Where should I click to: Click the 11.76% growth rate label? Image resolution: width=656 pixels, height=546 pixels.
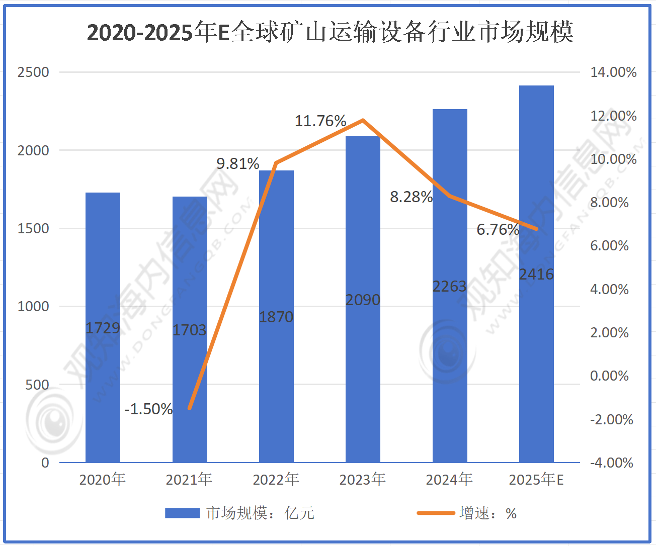tap(320, 121)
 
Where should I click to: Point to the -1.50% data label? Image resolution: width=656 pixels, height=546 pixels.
tap(148, 409)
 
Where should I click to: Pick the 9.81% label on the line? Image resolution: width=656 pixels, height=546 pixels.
tap(238, 164)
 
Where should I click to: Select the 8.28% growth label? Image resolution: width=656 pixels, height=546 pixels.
tap(411, 197)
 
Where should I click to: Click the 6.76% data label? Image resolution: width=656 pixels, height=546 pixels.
tap(498, 230)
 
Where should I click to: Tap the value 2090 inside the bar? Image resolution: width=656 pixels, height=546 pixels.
tap(363, 300)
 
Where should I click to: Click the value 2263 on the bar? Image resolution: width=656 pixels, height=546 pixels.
tap(450, 287)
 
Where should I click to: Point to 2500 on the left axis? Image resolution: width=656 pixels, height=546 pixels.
tap(33, 72)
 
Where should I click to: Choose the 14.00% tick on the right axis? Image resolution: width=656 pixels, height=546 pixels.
tap(613, 72)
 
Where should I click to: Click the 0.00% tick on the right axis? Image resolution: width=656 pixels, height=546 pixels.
tap(609, 376)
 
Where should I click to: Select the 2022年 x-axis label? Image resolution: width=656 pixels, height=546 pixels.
tap(276, 480)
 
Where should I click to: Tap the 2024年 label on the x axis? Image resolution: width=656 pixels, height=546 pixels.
tap(449, 480)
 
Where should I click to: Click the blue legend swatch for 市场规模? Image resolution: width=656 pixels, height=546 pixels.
tap(182, 513)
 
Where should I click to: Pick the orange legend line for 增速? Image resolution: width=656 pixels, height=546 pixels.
tap(436, 513)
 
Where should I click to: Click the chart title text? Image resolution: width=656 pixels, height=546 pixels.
tap(330, 33)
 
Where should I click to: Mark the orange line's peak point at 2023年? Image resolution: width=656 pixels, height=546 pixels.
tap(363, 120)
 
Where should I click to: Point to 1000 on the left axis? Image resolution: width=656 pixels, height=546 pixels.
tap(33, 307)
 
